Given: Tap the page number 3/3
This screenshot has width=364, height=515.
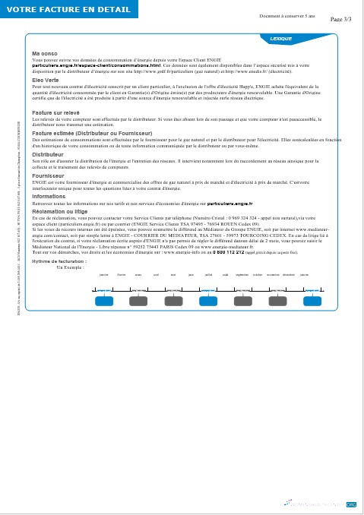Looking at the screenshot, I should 341,21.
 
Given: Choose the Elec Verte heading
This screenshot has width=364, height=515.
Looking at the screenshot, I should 46,80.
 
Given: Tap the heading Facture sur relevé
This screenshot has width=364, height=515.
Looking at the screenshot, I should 56,112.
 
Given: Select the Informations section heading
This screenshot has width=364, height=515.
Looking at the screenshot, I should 49,196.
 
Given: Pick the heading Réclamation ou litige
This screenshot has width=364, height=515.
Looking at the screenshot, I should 61,212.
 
